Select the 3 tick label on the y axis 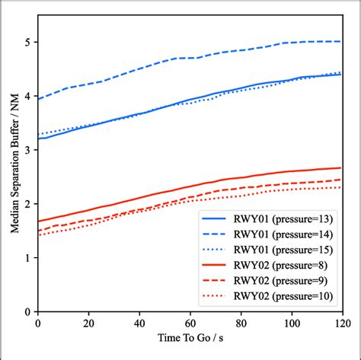click(29, 151)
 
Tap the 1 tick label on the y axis click(29, 258)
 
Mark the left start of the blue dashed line click(38, 99)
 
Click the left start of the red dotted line click(38, 235)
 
